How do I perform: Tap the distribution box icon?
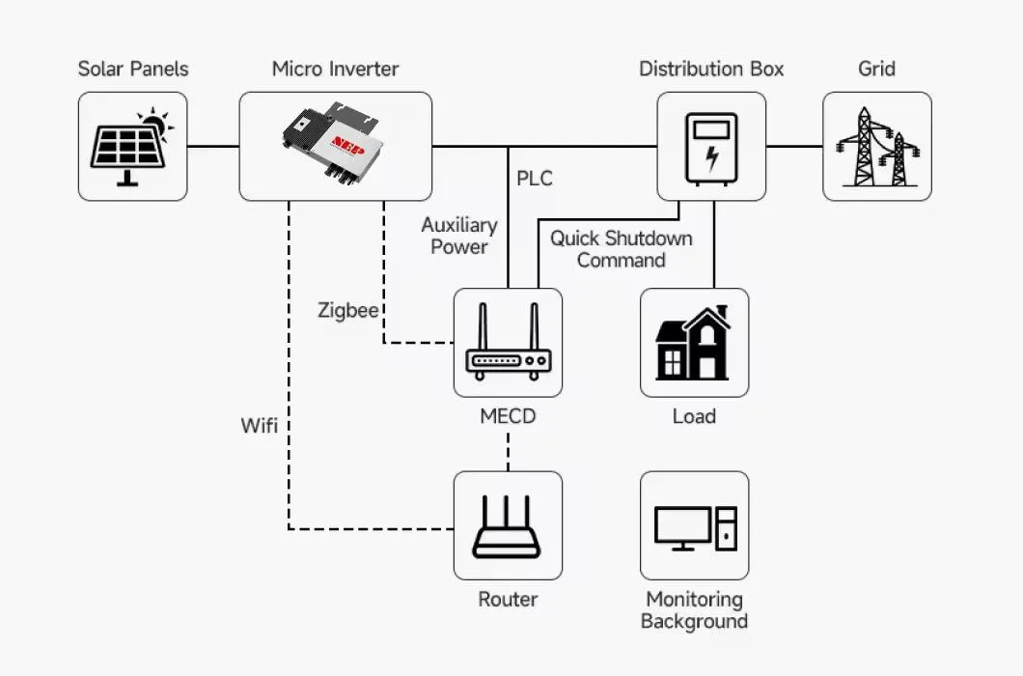tap(711, 147)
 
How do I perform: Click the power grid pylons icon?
tap(877, 147)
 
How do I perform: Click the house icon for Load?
tap(694, 344)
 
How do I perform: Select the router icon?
tap(508, 526)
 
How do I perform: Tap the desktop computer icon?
tap(694, 527)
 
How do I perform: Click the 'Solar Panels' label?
tap(133, 69)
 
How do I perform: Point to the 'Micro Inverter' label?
tap(335, 69)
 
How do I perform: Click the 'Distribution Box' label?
tap(711, 69)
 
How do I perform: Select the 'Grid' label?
tap(876, 69)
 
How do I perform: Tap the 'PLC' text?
tap(535, 179)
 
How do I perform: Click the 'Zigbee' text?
tap(347, 311)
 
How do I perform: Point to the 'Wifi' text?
tap(260, 424)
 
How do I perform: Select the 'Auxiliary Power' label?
tap(459, 236)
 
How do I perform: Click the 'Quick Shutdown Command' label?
tap(621, 249)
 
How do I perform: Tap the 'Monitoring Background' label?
tap(694, 610)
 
